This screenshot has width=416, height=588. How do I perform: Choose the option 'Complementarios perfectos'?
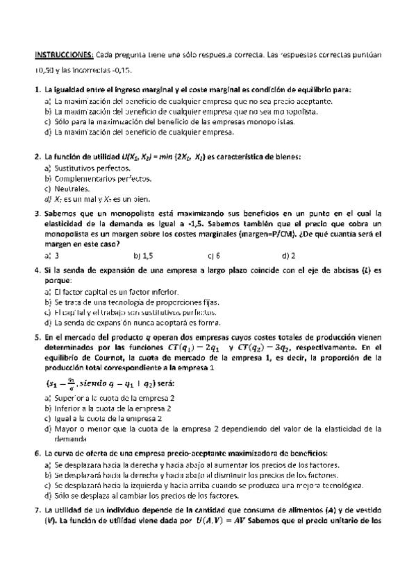[x=97, y=178]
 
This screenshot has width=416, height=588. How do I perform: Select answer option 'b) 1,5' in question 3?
[x=142, y=255]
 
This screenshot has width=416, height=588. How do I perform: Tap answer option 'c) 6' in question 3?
[x=213, y=255]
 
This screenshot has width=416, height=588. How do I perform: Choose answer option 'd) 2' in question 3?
[x=289, y=255]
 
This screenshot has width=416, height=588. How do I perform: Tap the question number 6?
[x=37, y=453]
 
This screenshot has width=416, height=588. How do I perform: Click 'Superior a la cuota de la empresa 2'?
[x=114, y=398]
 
